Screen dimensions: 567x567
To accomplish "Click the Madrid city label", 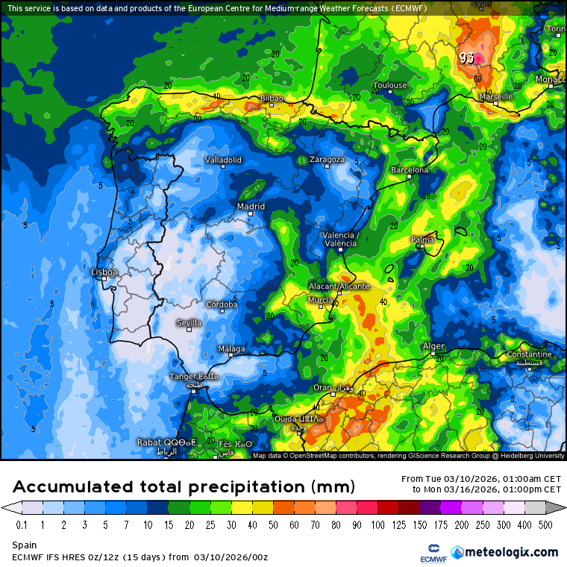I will coord(251,207).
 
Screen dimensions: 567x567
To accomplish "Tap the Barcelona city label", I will coord(410,170).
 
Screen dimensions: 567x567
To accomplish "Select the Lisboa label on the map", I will coord(104,272).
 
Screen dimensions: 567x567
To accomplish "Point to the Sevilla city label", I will coord(189,323).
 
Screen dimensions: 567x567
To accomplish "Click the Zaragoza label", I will coord(327,160).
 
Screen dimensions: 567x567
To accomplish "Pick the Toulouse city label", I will coord(389,85).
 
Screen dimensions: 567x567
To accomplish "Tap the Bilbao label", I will coord(272,98).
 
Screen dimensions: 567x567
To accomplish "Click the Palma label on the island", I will coord(422,239).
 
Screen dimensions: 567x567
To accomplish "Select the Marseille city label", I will coord(496,96).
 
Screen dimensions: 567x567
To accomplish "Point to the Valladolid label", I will coord(223,160).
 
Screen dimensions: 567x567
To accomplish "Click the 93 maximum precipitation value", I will coord(467,57).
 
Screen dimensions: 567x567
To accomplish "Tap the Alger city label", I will coord(433,346).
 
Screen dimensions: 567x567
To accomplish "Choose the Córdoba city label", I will coord(222,304).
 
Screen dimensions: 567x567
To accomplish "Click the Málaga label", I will coord(231,349).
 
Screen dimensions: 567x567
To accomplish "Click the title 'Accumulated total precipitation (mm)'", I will coord(182,487).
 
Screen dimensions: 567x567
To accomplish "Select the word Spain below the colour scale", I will coord(24,546).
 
